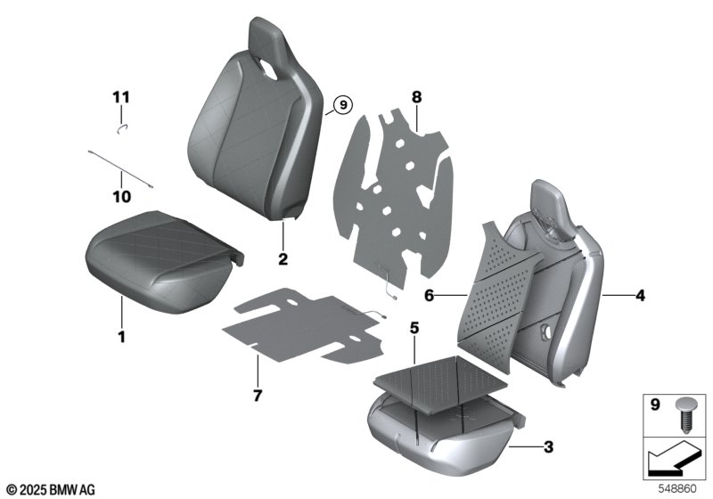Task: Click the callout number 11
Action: pos(121,97)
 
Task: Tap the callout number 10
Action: pos(121,197)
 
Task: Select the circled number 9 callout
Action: pos(343,105)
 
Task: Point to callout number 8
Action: pos(416,97)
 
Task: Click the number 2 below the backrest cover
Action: pos(283,259)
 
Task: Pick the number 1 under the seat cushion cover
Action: pos(121,337)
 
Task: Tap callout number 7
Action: pos(258,396)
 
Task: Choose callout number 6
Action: pos(430,296)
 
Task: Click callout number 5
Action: pos(414,328)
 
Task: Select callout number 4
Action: pos(640,296)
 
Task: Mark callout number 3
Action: pos(548,447)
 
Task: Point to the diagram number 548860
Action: pos(677,489)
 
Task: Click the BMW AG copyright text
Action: pos(52,490)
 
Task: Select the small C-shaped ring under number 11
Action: pos(123,128)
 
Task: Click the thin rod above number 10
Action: pos(121,169)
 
